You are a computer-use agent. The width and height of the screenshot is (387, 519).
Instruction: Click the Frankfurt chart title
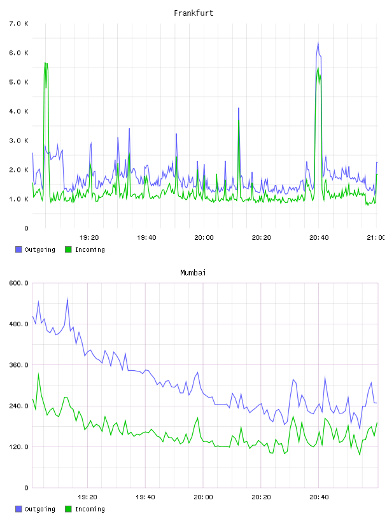193,13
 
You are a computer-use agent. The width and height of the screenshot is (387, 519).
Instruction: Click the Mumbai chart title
193,273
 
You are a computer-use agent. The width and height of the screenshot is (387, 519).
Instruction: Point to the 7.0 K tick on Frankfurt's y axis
18,24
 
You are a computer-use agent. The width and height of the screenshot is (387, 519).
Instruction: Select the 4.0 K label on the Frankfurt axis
18,111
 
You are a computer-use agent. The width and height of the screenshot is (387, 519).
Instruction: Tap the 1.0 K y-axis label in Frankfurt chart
18,199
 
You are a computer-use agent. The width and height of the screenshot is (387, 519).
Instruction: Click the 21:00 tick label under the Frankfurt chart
376,237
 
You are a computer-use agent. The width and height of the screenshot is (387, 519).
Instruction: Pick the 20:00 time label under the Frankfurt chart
204,237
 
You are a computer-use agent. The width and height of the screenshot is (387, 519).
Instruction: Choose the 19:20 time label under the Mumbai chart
87,497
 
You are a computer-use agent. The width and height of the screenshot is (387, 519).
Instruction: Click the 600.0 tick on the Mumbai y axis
18,283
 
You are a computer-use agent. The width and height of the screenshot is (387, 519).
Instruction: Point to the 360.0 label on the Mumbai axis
18,364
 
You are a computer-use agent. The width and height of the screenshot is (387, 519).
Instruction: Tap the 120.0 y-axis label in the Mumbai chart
18,447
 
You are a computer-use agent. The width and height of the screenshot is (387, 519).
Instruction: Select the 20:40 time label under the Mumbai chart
319,497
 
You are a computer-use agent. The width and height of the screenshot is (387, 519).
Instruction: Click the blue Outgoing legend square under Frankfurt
18,249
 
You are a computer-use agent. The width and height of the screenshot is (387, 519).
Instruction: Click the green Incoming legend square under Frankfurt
68,249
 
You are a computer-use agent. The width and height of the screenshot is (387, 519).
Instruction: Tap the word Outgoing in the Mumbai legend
39,509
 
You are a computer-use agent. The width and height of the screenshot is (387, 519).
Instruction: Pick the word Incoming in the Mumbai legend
90,509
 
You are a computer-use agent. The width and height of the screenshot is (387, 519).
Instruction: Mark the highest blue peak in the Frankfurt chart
318,43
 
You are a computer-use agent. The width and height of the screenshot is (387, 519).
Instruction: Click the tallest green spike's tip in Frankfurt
45,62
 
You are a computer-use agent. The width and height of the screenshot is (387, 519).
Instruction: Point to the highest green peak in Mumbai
38,374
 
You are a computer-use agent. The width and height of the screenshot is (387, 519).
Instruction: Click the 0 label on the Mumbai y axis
26,488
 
